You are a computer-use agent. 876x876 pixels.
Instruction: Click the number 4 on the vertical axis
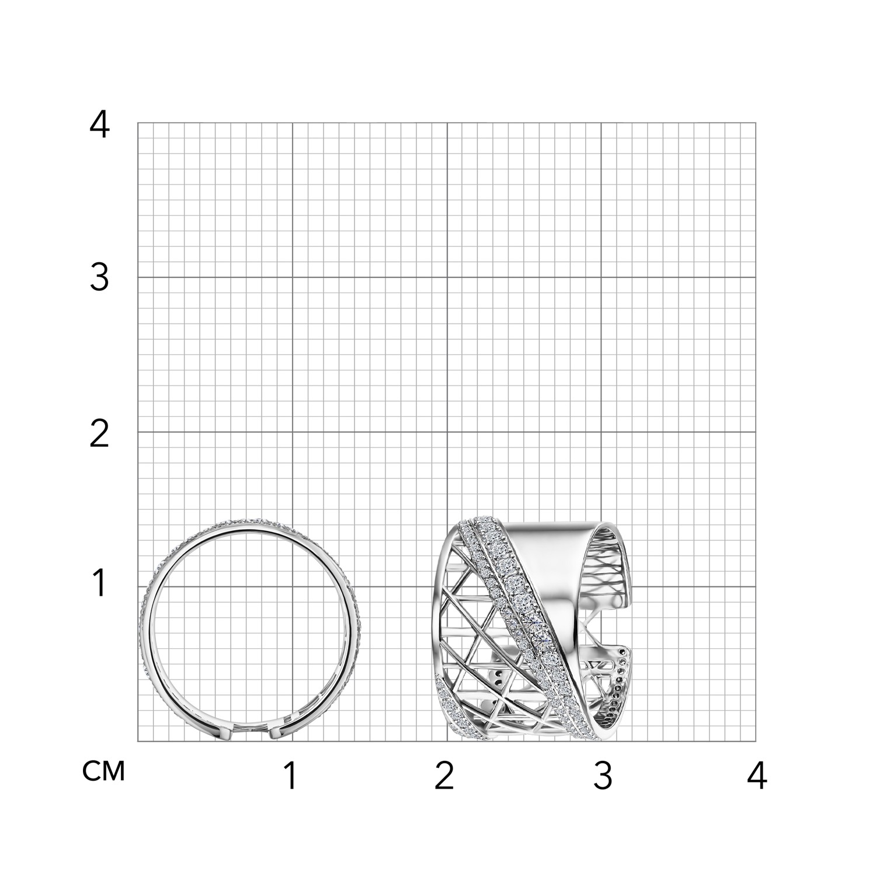point(99,124)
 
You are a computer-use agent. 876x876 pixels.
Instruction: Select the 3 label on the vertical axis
point(99,278)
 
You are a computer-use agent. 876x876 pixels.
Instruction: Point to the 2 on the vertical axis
point(99,434)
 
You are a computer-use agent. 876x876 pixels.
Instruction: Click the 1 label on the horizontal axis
point(290,776)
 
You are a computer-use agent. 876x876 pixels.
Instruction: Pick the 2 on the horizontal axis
point(444,776)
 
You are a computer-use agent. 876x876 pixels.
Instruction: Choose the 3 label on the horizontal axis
point(603,776)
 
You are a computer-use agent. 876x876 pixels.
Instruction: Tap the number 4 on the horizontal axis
point(757,776)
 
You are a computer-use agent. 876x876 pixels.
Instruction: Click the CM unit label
point(104,772)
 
